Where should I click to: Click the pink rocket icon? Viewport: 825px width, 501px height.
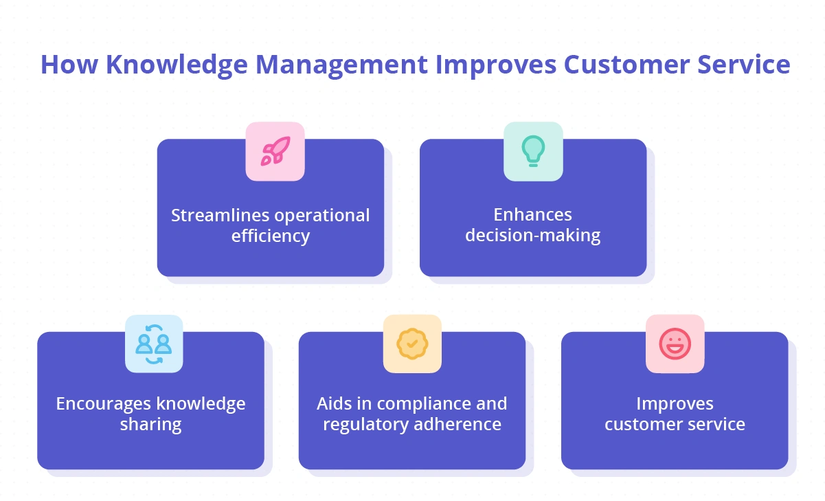[x=275, y=151]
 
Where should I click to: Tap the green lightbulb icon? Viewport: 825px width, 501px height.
[x=533, y=151]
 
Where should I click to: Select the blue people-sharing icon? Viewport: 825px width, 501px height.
[x=154, y=344]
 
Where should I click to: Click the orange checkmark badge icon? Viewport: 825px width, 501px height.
[x=412, y=344]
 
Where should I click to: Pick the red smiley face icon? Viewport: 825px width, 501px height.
[x=675, y=344]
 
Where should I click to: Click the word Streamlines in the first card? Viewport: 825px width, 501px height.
[x=218, y=215]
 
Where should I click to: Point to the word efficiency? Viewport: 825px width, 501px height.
[x=271, y=236]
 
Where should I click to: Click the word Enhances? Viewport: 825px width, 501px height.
[x=533, y=215]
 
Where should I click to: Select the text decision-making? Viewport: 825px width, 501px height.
[x=533, y=236]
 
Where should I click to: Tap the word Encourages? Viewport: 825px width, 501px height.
[x=104, y=403]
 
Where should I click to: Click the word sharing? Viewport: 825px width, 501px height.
[x=150, y=425]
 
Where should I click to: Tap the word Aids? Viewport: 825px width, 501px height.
[x=332, y=403]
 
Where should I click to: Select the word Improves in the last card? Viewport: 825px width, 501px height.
[x=675, y=403]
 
